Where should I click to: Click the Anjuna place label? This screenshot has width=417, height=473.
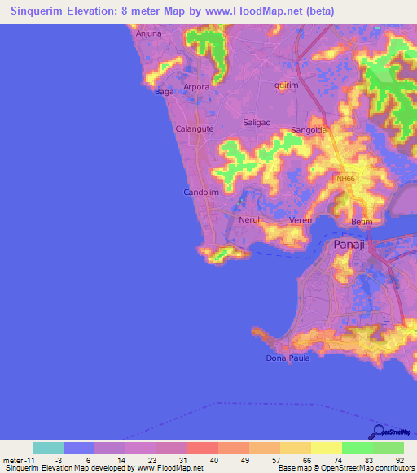point(149,33)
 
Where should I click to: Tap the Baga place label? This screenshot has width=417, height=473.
point(164,92)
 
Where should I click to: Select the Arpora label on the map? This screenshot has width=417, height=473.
point(196,86)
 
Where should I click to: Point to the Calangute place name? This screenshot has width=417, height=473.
point(195,128)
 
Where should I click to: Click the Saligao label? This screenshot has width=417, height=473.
point(257,122)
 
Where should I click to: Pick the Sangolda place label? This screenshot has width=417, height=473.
point(309,129)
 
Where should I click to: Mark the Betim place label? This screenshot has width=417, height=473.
point(361,221)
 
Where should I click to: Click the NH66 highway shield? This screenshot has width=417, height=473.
point(346,179)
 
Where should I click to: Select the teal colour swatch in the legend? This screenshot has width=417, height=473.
point(48,448)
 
